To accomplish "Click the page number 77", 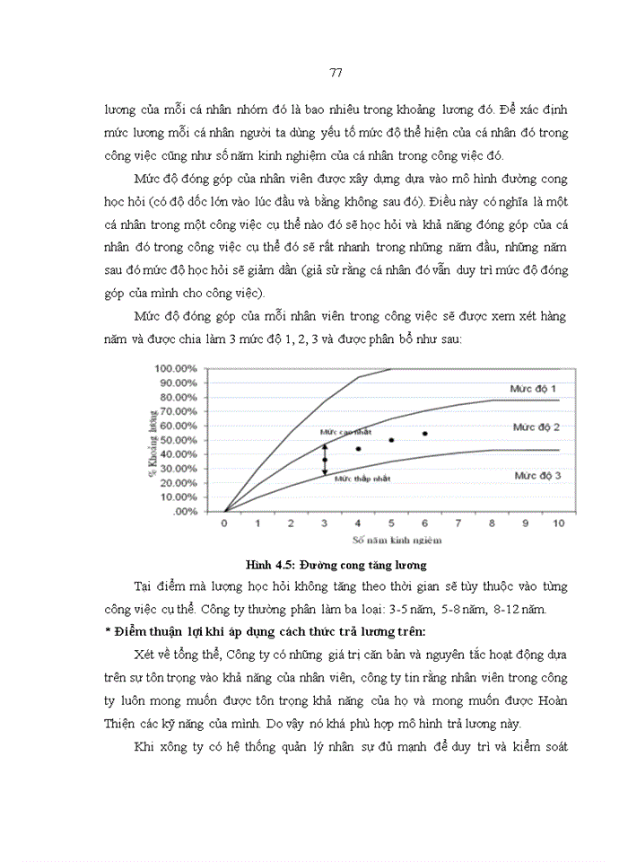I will click(313, 73).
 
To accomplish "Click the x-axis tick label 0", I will click(224, 523).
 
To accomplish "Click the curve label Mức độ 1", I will click(529, 388).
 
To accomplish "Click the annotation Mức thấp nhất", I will click(362, 479).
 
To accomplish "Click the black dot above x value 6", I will click(424, 434).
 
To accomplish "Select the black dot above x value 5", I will click(391, 440).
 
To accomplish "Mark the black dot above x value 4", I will click(358, 449).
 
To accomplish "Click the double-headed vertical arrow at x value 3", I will click(325, 459).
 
